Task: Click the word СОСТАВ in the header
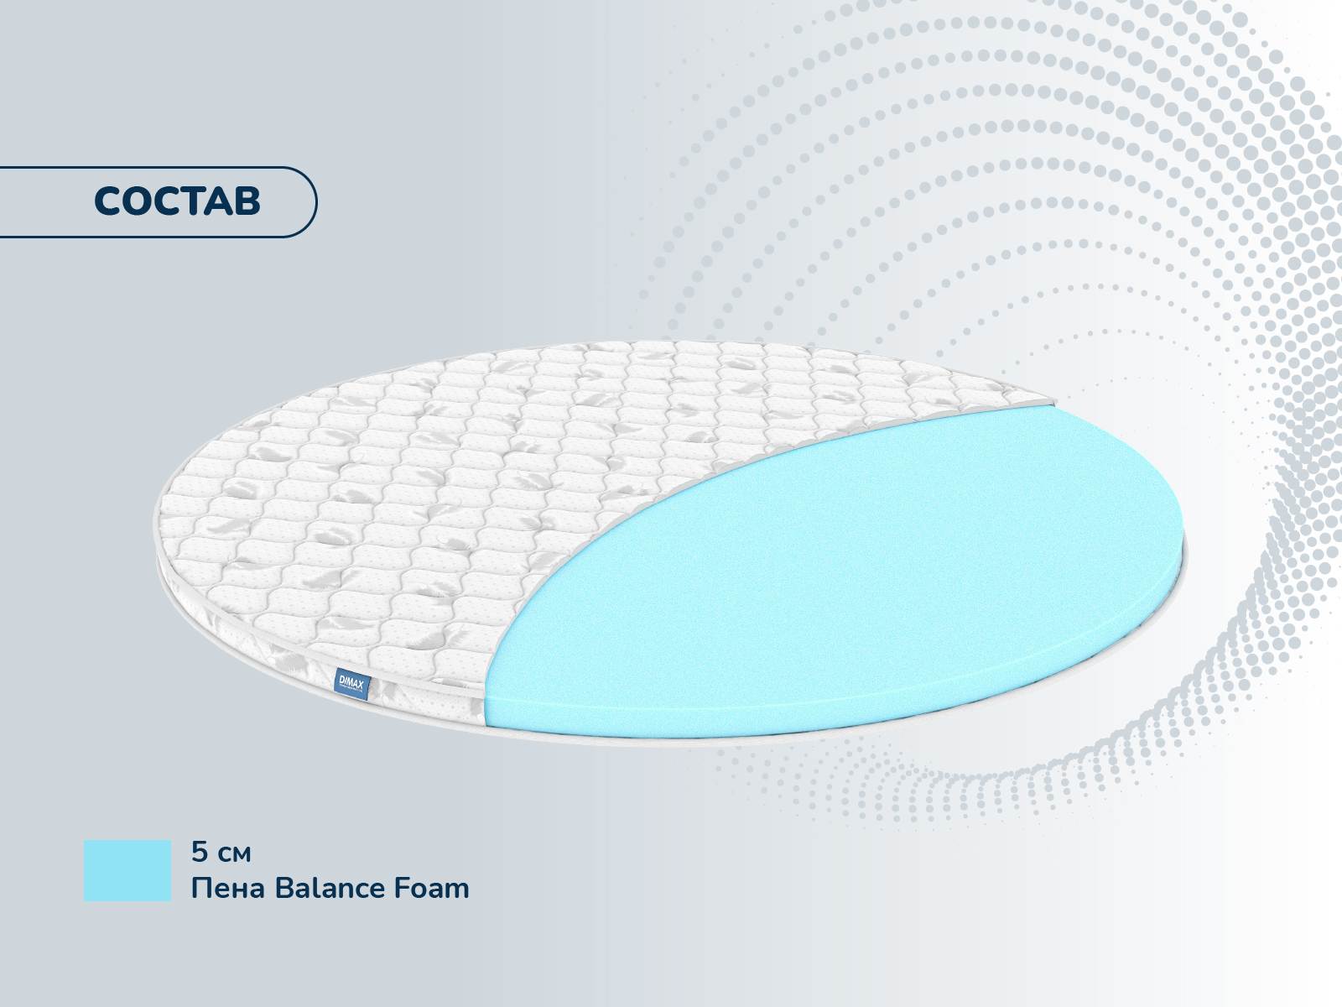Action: [x=177, y=201]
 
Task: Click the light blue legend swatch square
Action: [x=127, y=870]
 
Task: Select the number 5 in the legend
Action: [x=200, y=852]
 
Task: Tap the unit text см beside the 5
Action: [x=234, y=855]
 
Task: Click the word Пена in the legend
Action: [x=228, y=889]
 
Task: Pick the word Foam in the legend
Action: [x=431, y=889]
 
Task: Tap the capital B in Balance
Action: [x=284, y=889]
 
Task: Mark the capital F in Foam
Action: [x=402, y=889]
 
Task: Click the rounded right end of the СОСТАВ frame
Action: [x=316, y=201]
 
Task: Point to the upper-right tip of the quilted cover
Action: [x=1054, y=401]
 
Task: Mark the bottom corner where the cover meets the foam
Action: [x=486, y=726]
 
